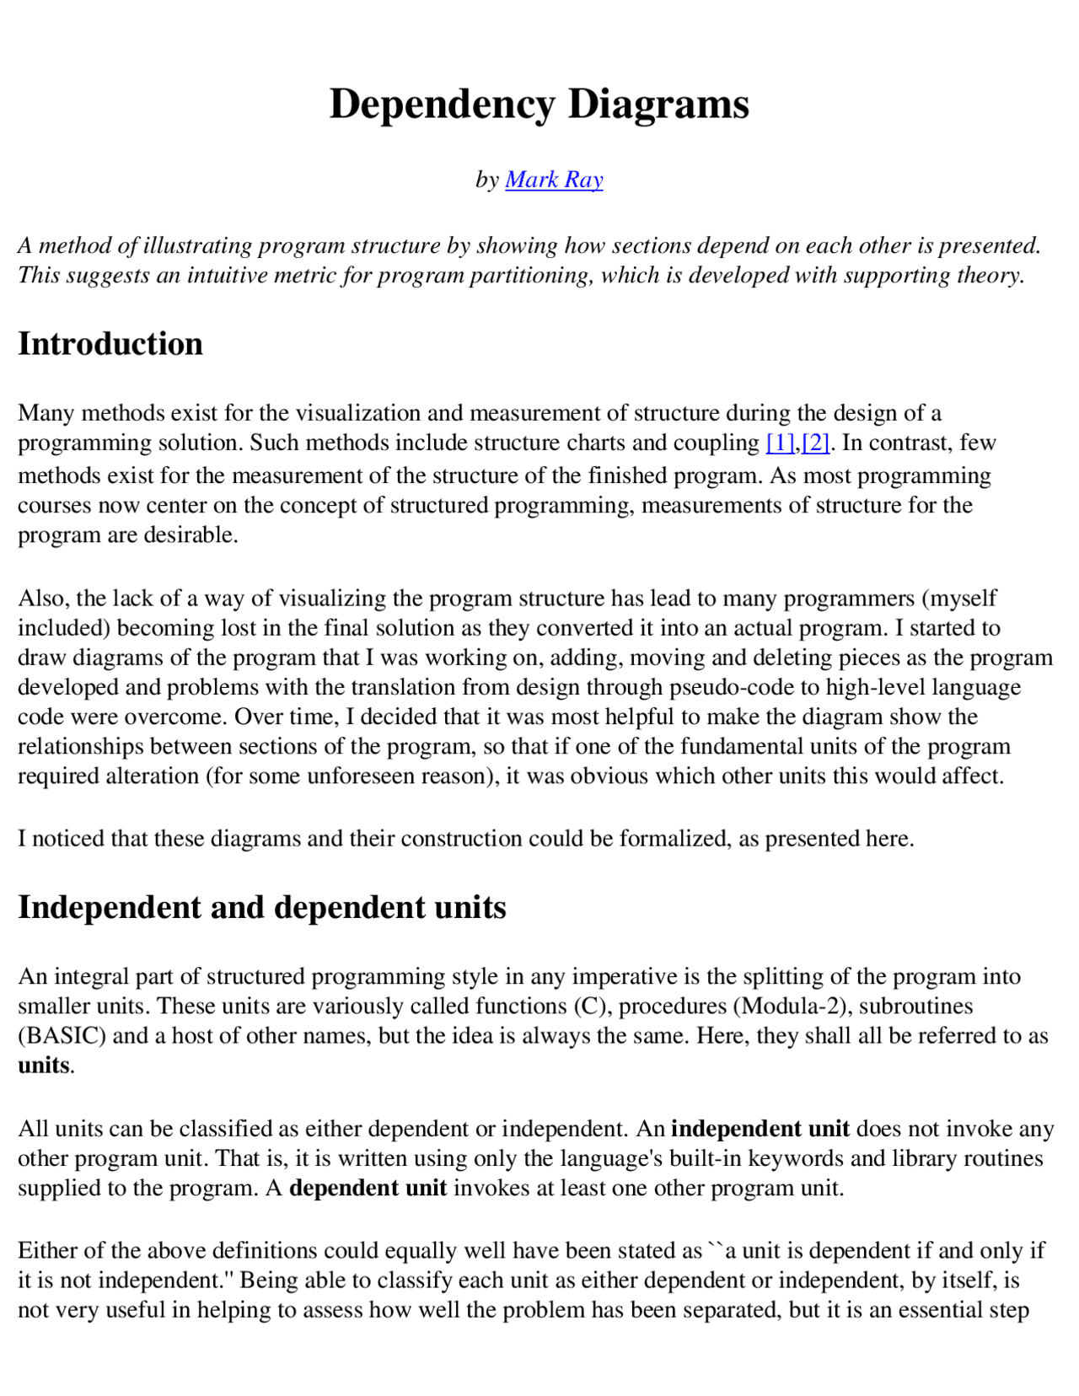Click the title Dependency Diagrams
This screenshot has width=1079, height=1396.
point(539,105)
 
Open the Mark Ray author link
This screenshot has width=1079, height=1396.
point(554,180)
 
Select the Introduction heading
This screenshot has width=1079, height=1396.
point(110,344)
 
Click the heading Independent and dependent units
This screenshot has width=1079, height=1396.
point(262,907)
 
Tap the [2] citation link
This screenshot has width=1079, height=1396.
point(816,443)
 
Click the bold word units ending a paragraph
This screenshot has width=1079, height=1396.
point(44,1066)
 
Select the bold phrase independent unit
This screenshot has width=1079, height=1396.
point(760,1129)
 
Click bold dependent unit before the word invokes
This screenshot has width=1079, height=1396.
point(368,1188)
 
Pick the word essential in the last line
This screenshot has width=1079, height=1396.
point(944,1310)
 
